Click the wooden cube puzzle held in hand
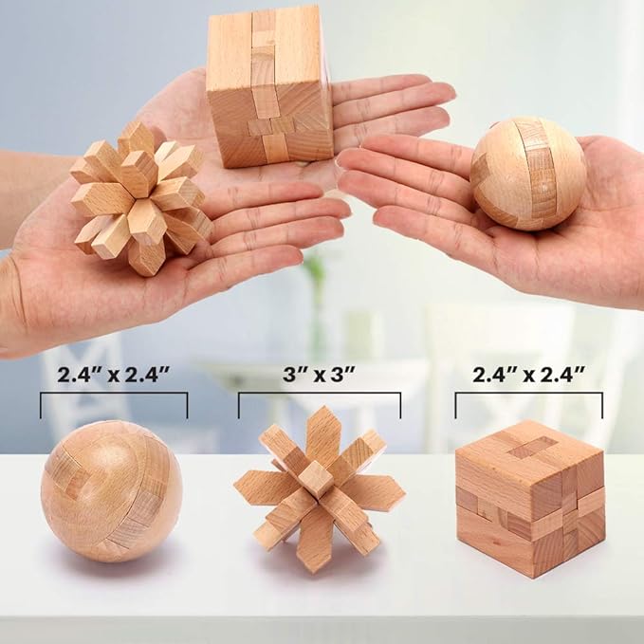coord(269,85)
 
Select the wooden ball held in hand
coord(527,173)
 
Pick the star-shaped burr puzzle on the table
coord(318,488)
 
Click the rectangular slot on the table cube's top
coord(528,446)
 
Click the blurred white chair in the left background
coord(85,379)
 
